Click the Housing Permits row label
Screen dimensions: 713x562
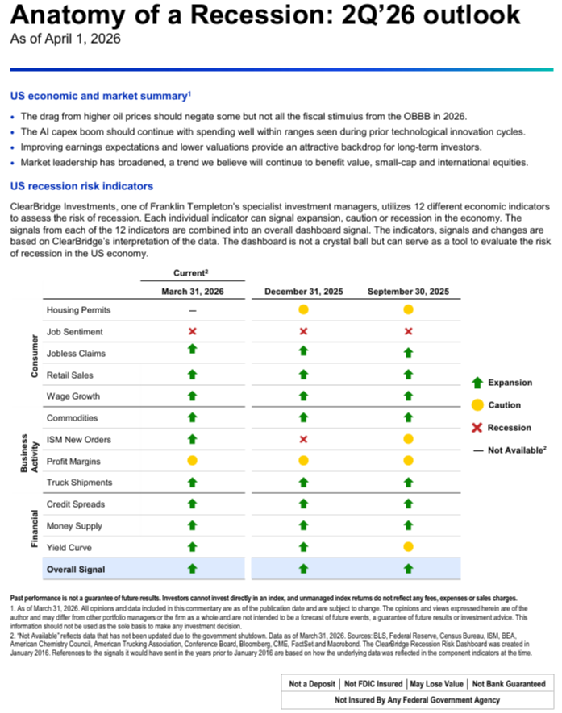[x=79, y=310]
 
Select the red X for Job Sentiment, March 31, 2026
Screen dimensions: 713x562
[x=192, y=331]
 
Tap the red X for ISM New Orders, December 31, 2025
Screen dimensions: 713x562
[x=303, y=439]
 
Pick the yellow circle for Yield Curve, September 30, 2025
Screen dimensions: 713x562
[x=408, y=547]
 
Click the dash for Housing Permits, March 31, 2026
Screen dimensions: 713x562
[x=192, y=310]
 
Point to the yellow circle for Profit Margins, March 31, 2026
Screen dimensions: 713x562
[x=192, y=461]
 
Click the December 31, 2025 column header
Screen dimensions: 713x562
[x=303, y=292]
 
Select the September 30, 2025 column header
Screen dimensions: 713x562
[x=408, y=292]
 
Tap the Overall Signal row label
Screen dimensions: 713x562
[x=76, y=570]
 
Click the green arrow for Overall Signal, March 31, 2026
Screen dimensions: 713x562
[x=192, y=569]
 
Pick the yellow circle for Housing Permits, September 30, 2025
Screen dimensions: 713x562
[x=408, y=310]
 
